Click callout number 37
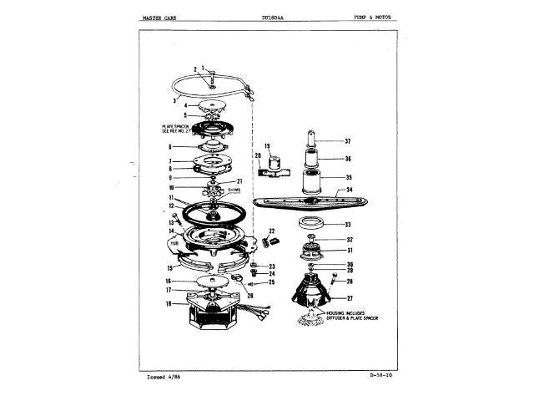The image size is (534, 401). [348, 140]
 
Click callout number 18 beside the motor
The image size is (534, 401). [169, 304]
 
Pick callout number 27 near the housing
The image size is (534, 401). [349, 298]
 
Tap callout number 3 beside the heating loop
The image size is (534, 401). [174, 99]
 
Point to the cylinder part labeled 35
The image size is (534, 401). [315, 179]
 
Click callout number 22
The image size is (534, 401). [272, 231]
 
